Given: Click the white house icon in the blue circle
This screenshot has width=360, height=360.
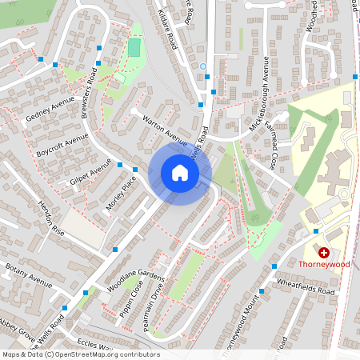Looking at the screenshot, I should pyautogui.click(x=180, y=172).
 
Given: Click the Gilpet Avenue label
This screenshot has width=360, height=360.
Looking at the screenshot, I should pyautogui.click(x=90, y=174).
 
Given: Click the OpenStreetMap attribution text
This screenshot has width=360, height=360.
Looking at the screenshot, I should pyautogui.click(x=81, y=354).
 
